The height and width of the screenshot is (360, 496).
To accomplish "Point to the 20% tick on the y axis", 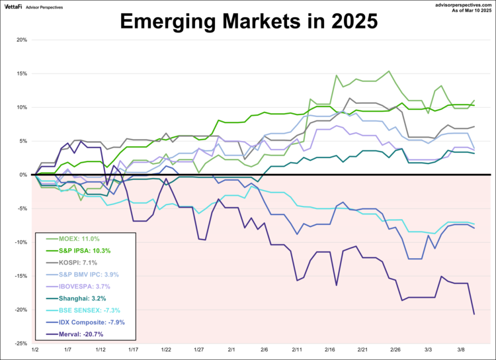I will [x=21, y=40].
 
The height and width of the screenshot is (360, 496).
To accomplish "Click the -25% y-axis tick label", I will [x=20, y=343].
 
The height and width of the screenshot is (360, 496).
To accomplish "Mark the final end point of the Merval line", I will [x=474, y=314].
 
